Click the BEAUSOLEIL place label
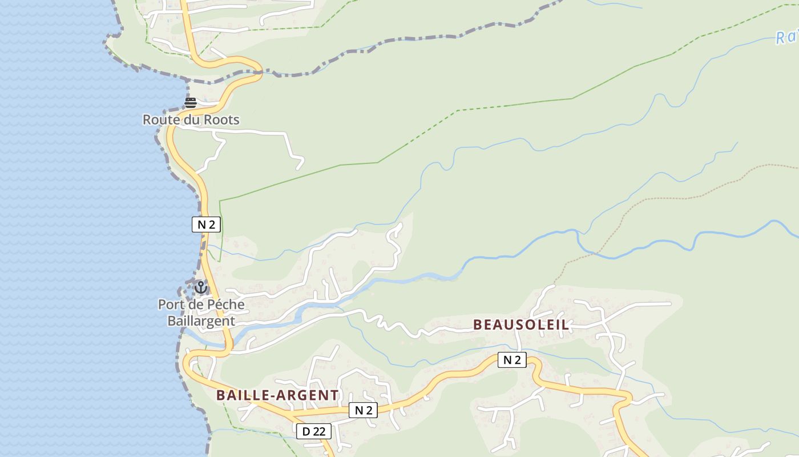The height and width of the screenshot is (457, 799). (520, 325)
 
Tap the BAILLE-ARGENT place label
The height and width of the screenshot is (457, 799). (277, 395)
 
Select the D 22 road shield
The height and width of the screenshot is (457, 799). (313, 431)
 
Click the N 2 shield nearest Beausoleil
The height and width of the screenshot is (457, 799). (512, 360)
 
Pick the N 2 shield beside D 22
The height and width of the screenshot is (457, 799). (363, 410)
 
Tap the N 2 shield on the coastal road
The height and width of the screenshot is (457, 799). (206, 225)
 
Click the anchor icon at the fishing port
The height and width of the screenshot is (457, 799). (200, 287)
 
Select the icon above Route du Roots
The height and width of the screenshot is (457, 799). (191, 103)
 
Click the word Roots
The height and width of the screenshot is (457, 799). (223, 120)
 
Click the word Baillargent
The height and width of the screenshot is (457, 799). (201, 321)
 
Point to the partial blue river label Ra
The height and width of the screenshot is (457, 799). (786, 38)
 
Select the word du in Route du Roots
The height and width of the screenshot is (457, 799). (192, 120)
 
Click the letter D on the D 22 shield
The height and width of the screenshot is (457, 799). (306, 431)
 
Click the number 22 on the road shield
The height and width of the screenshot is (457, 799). (318, 431)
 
